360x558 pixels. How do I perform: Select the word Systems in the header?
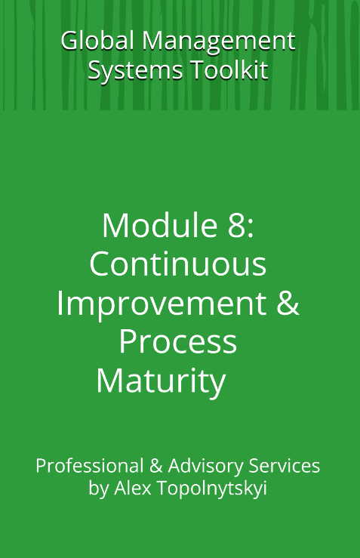pos(128,70)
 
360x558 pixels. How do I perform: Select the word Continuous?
pos(178,264)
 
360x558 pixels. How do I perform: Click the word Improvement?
pos(161,304)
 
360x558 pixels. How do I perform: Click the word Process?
pos(178,342)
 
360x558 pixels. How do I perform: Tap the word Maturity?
pos(161,382)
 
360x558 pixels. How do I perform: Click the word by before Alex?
pos(98,489)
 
